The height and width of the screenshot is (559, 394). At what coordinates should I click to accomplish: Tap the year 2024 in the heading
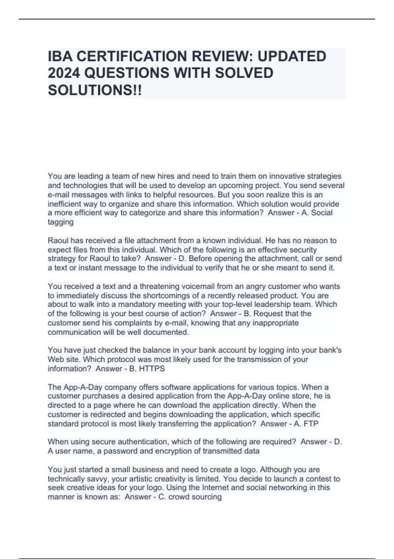pyautogui.click(x=64, y=73)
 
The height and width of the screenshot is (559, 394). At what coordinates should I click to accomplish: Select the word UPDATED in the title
pyautogui.click(x=292, y=57)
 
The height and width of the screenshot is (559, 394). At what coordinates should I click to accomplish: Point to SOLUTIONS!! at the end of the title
pyautogui.click(x=95, y=90)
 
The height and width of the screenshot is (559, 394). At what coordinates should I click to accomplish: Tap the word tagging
pyautogui.click(x=60, y=222)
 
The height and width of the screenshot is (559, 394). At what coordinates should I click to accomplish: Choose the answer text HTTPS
pyautogui.click(x=152, y=369)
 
